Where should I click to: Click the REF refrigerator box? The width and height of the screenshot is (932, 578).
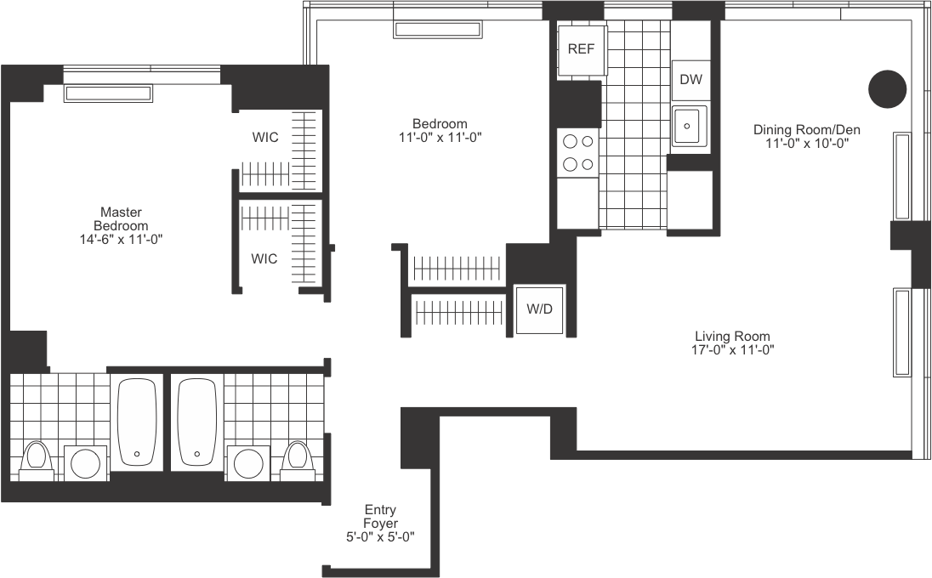point(582,48)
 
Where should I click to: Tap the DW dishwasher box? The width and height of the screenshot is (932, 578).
point(690,80)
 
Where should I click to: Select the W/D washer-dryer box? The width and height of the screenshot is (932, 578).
point(539,309)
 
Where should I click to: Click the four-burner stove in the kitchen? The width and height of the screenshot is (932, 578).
point(578,152)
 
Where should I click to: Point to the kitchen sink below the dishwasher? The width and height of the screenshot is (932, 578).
point(689,127)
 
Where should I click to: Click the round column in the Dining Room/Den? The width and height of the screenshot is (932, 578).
point(887,88)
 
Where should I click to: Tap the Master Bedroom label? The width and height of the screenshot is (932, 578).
point(121,218)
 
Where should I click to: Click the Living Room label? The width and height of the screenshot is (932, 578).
point(732,336)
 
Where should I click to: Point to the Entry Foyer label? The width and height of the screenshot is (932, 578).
point(380,517)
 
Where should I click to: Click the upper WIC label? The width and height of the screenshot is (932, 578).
point(264,137)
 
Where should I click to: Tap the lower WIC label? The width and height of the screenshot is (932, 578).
point(264,259)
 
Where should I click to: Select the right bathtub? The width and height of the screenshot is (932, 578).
point(197,422)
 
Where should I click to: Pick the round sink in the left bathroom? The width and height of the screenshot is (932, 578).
point(85,464)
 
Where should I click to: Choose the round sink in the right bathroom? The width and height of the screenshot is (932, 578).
point(249,464)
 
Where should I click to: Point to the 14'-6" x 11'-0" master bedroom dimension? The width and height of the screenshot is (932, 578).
point(120,240)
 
